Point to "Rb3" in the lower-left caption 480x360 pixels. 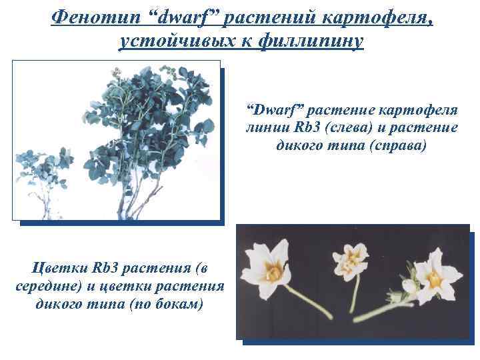click(107, 269)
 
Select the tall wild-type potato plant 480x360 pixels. click(147, 133)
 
